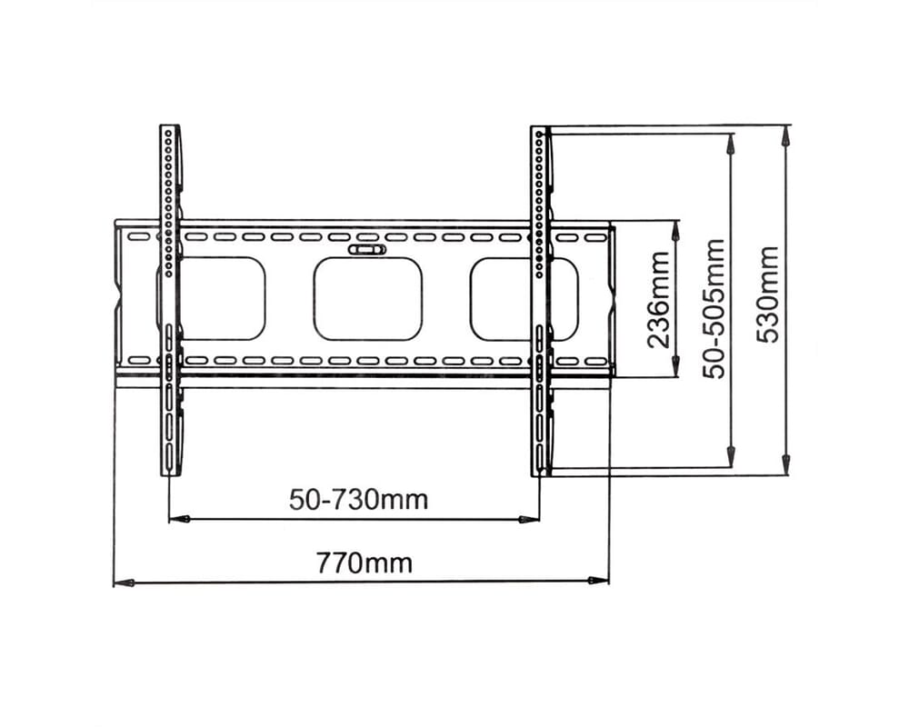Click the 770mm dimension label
pos(364,563)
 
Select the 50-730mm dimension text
pos(358,500)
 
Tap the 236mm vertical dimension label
pos(658,299)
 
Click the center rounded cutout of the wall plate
pos(367,299)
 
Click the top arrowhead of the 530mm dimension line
pos(786,135)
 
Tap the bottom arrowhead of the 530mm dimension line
pos(786,464)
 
